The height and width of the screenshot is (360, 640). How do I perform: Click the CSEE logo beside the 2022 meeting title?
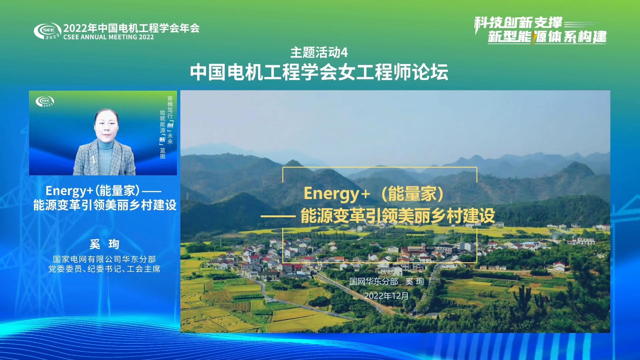pyautogui.click(x=47, y=31)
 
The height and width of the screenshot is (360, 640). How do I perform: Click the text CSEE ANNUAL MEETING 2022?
pyautogui.click(x=109, y=37)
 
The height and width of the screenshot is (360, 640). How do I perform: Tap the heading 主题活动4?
pyautogui.click(x=319, y=52)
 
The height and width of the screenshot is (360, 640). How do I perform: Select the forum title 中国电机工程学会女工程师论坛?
pyautogui.click(x=319, y=72)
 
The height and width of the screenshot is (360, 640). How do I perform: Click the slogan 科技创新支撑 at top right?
pyautogui.click(x=519, y=23)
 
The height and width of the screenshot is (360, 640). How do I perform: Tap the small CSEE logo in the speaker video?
pyautogui.click(x=45, y=101)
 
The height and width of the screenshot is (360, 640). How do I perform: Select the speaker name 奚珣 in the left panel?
pyautogui.click(x=104, y=244)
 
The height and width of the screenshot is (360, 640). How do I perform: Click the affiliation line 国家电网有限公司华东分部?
pyautogui.click(x=104, y=259)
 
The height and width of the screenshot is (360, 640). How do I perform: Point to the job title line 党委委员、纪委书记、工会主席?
pyautogui.click(x=104, y=269)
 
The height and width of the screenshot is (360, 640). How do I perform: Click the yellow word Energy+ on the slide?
pyautogui.click(x=337, y=194)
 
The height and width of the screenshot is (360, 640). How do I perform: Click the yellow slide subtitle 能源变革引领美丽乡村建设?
pyautogui.click(x=398, y=216)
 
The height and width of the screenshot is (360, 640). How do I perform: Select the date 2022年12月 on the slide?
pyautogui.click(x=386, y=296)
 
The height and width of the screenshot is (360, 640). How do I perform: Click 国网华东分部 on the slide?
pyautogui.click(x=374, y=281)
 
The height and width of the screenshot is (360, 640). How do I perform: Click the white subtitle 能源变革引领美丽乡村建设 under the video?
pyautogui.click(x=105, y=205)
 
